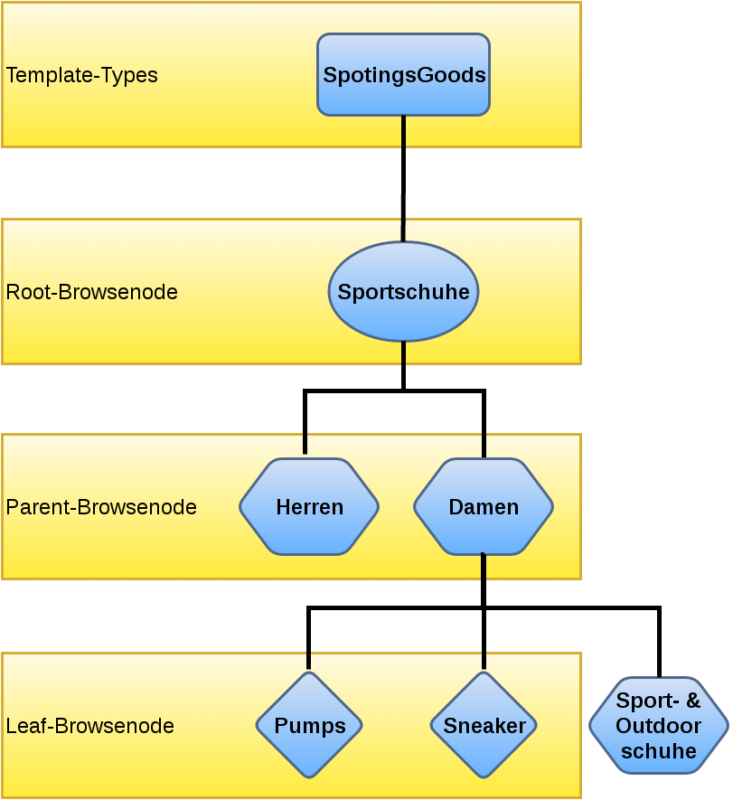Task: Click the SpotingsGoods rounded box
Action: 403,75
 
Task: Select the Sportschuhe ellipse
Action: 403,292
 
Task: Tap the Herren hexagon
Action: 309,507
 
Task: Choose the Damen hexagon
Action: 484,507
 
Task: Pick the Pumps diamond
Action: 309,726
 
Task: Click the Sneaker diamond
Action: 484,726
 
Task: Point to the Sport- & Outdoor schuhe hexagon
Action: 658,726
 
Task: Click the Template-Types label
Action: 82,75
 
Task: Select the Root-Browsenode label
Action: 91,293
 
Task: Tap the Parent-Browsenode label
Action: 101,507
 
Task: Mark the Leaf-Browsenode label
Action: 89,726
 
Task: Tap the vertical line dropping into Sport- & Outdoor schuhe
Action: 659,643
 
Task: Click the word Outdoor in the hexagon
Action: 658,726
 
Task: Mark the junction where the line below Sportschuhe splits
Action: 403,391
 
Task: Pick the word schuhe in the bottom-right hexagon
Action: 658,751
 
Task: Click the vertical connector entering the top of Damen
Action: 484,425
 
